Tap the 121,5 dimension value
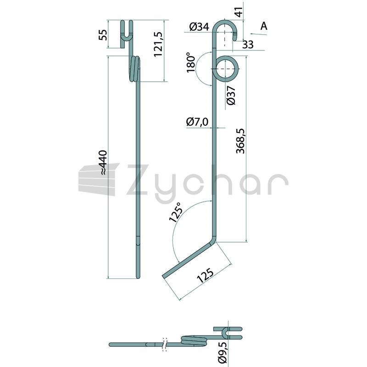point(158,44)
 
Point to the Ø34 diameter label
point(199,27)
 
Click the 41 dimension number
point(239,12)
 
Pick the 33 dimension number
point(248,44)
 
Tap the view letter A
point(264,26)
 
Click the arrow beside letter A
point(258,34)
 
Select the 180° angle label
point(191,63)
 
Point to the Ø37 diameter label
point(231,95)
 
